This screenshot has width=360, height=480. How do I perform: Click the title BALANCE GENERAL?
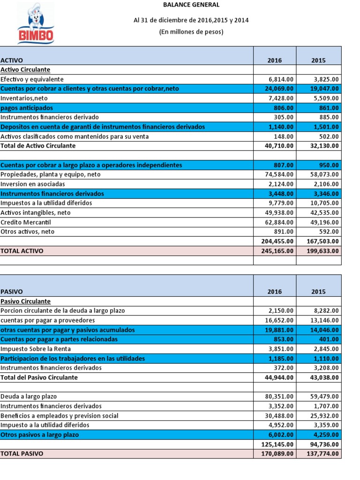(191, 5)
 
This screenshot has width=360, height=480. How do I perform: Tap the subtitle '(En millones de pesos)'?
(191, 32)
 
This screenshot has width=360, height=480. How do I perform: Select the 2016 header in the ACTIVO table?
(275, 60)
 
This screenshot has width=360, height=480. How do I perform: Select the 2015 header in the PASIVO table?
(319, 292)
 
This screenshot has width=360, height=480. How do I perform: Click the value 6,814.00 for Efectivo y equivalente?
(281, 79)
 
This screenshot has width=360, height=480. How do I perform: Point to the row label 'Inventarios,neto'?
(24, 98)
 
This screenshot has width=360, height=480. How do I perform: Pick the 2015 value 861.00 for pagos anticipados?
(328, 108)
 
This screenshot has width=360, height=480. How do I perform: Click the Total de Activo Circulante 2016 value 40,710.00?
(279, 146)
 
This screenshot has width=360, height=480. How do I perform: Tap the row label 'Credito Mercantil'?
(26, 222)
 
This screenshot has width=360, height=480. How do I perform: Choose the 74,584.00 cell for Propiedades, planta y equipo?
(279, 174)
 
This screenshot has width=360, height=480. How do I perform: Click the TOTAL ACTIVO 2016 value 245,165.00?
(277, 251)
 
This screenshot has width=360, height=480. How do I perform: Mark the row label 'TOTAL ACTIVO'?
(22, 251)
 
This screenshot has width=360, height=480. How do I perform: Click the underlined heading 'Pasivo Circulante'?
(26, 301)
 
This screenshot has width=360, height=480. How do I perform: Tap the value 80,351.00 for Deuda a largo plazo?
(279, 397)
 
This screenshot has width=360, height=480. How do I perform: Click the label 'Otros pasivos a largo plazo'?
(40, 435)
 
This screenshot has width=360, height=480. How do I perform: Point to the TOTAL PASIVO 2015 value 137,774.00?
(322, 454)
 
